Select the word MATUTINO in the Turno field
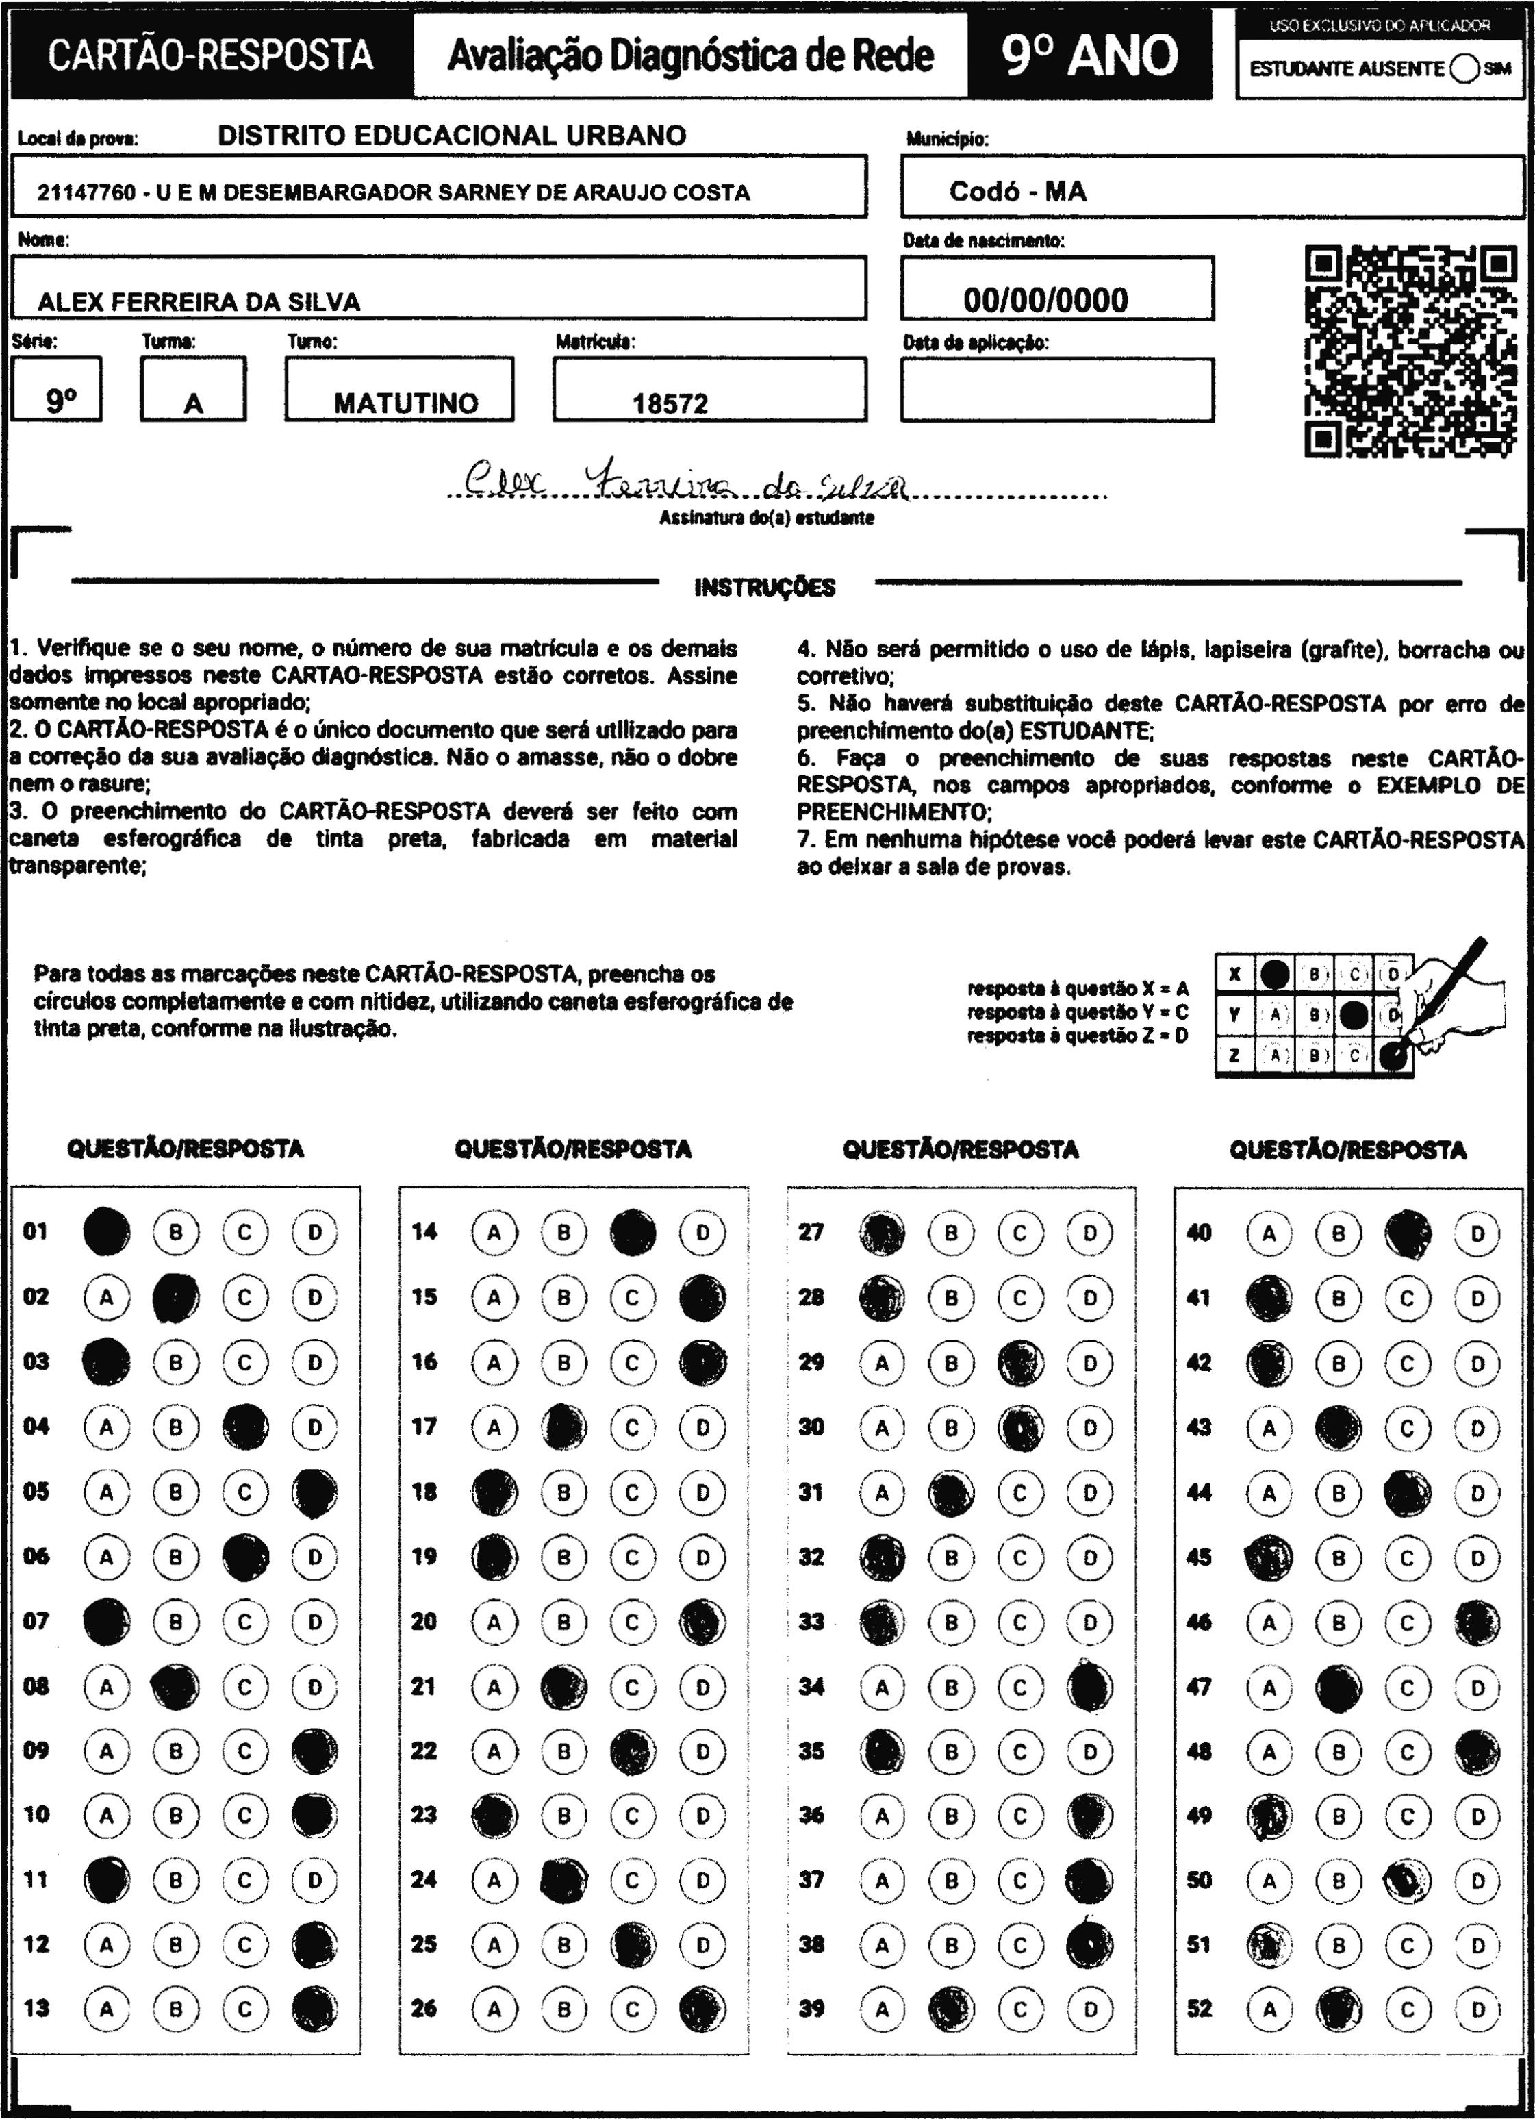pos(405,403)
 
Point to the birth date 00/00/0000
pos(1045,300)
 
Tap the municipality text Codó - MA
pos(1017,192)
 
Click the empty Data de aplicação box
pos(1056,390)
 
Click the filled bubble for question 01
pos(107,1231)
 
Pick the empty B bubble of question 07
pos(176,1621)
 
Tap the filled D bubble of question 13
pos(315,2008)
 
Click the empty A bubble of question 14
pos(494,1231)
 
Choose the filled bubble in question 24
pos(564,1880)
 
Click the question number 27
pos(811,1231)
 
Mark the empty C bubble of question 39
pos(1019,2008)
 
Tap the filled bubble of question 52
pos(1338,2008)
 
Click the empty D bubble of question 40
pos(1477,1233)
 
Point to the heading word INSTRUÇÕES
pos(765,588)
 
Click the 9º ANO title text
pos(1089,56)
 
